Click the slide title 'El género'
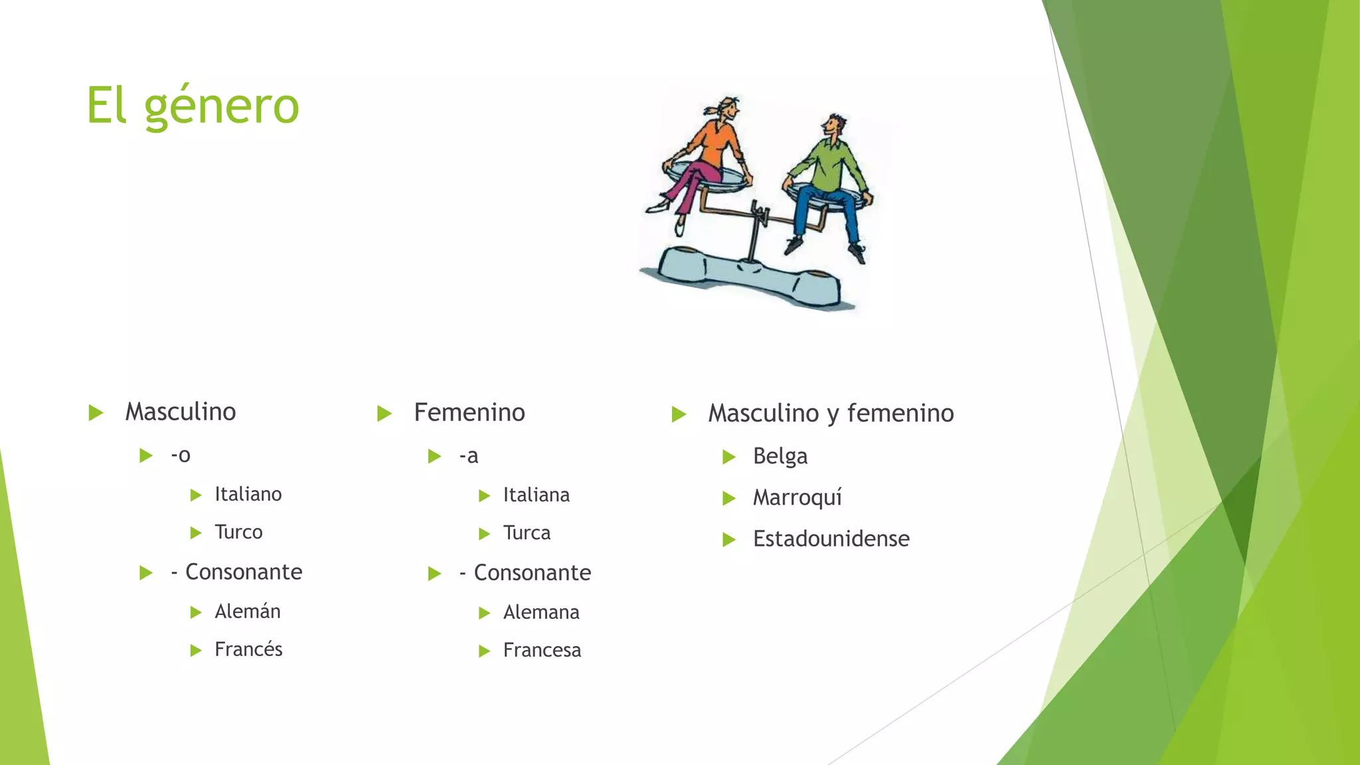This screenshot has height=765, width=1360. tap(193, 106)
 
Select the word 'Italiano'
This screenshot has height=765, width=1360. tap(248, 495)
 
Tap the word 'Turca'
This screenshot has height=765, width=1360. tap(527, 533)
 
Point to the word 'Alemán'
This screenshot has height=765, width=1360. tap(247, 612)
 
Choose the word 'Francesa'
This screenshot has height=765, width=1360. tap(542, 650)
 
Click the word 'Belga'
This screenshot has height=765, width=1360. tap(780, 457)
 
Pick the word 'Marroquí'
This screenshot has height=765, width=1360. tap(797, 498)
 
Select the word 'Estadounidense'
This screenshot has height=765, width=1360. tap(831, 539)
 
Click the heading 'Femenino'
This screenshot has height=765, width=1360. tap(469, 412)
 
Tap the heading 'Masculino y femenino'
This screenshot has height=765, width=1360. tap(831, 413)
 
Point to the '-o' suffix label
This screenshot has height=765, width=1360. tap(181, 456)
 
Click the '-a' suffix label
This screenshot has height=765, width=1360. tap(469, 456)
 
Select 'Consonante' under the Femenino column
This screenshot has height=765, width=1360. tap(532, 573)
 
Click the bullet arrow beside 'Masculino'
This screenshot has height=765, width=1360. tap(96, 413)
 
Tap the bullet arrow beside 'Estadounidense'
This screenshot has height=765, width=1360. tap(729, 540)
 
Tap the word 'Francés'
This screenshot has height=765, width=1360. tap(248, 649)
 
